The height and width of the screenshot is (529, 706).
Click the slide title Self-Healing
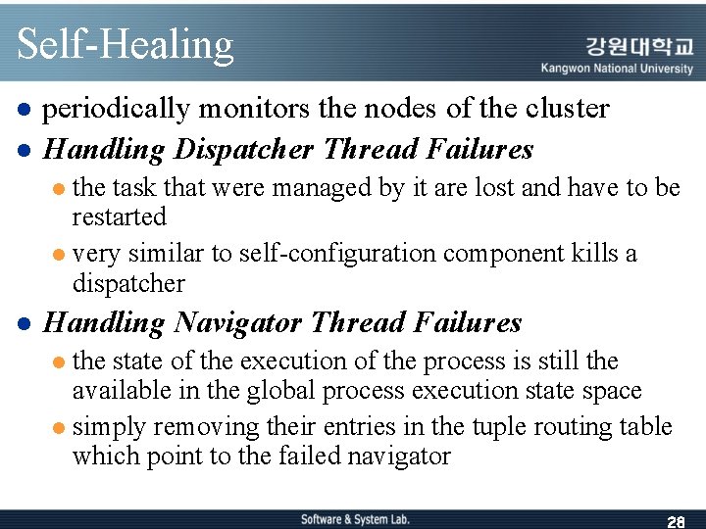pyautogui.click(x=126, y=44)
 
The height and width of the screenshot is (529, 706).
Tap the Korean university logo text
pyautogui.click(x=639, y=46)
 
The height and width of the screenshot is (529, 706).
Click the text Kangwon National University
pyautogui.click(x=617, y=69)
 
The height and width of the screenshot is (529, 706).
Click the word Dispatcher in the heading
pyautogui.click(x=244, y=149)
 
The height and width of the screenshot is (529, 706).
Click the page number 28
pyautogui.click(x=675, y=521)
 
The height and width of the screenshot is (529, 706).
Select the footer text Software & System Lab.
pyautogui.click(x=355, y=519)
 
